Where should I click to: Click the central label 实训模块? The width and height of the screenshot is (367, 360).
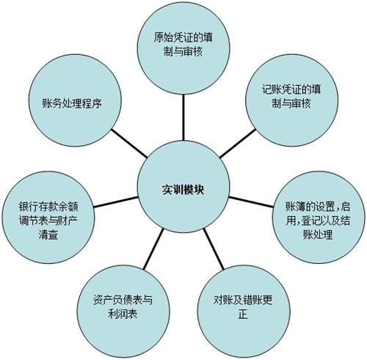click(183, 189)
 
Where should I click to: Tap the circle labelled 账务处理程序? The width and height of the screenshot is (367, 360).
click(75, 100)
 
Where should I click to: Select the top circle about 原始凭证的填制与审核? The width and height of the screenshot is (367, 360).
click(183, 48)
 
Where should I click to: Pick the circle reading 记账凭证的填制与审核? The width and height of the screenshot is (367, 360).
click(291, 100)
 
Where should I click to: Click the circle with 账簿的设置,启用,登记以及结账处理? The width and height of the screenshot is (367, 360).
click(319, 217)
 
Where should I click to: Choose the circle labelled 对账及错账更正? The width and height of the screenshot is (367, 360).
click(244, 311)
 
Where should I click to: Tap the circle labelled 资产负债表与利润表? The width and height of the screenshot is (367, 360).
click(123, 311)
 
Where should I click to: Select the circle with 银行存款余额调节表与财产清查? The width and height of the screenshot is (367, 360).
click(48, 217)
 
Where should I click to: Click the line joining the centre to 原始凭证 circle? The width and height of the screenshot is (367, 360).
click(183, 117)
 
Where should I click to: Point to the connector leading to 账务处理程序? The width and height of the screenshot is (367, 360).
click(129, 143)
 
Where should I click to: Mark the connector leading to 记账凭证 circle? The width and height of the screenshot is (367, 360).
click(237, 143)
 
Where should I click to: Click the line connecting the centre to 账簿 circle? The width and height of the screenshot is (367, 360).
click(251, 202)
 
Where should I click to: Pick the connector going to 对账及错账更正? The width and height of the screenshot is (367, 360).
click(214, 249)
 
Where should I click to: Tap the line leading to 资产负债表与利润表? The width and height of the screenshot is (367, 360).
click(153, 249)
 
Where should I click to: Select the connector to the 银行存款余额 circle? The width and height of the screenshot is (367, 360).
click(116, 202)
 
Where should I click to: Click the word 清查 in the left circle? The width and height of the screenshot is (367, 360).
click(48, 235)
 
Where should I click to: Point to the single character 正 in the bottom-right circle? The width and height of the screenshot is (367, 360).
click(243, 314)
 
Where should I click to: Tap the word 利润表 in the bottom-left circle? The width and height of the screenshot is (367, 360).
click(123, 314)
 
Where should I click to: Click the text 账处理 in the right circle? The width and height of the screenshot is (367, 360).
click(318, 235)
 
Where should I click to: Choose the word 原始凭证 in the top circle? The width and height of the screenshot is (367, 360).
click(168, 38)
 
